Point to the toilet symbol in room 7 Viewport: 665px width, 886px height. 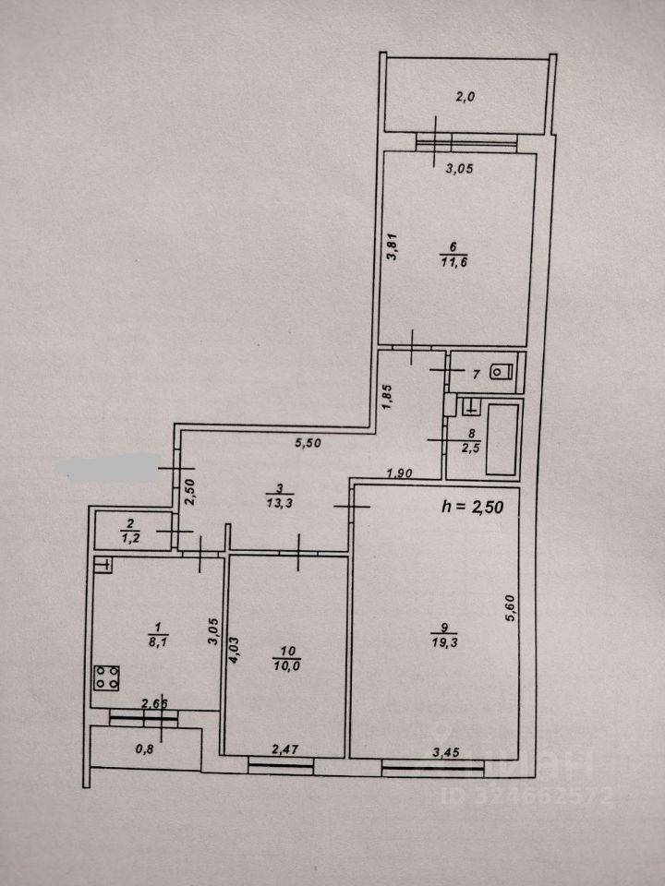pyautogui.click(x=500, y=372)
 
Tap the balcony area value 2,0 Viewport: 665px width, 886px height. pyautogui.click(x=464, y=96)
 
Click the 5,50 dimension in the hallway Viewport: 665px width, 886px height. pyautogui.click(x=308, y=443)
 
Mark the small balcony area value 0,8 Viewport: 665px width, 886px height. pyautogui.click(x=145, y=749)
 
